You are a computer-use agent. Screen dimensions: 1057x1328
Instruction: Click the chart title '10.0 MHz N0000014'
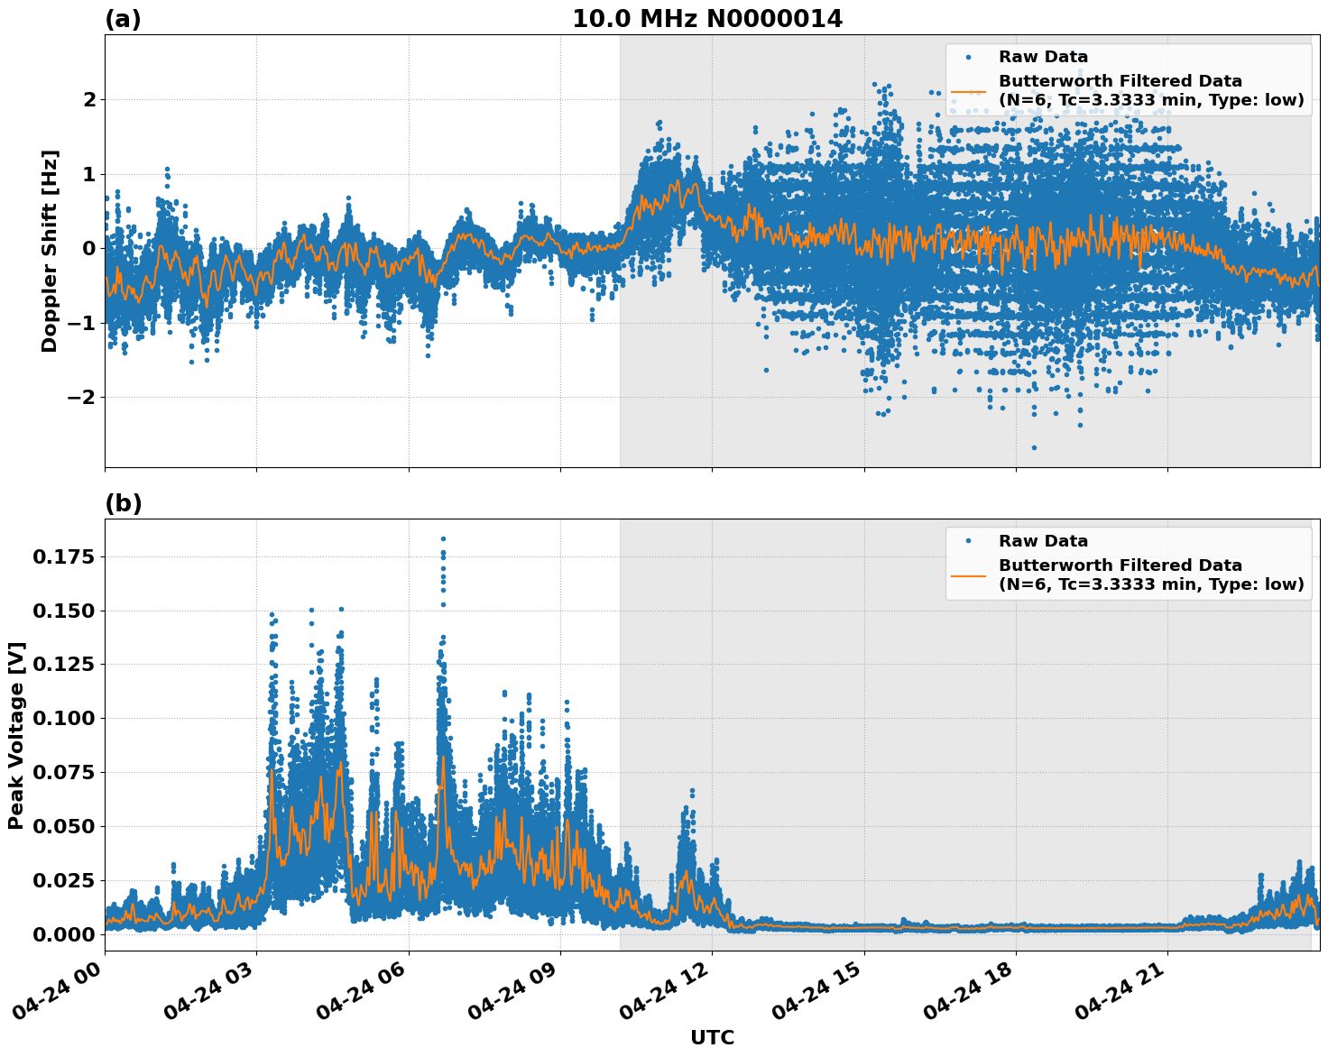[x=706, y=19]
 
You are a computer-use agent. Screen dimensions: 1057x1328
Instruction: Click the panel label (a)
[x=123, y=19]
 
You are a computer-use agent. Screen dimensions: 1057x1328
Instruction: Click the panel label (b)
[x=123, y=503]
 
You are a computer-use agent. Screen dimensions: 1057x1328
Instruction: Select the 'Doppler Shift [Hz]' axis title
[x=50, y=251]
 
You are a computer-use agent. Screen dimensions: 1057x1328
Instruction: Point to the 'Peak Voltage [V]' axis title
[x=16, y=735]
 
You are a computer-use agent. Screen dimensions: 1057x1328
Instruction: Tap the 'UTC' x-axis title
[x=712, y=1037]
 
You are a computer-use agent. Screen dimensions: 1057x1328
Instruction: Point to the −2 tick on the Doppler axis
[x=79, y=397]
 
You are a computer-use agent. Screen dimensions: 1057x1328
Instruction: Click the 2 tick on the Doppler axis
[x=88, y=99]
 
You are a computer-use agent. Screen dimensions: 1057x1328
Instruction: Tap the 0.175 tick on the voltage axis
[x=63, y=556]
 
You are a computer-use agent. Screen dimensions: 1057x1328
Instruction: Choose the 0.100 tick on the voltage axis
[x=63, y=718]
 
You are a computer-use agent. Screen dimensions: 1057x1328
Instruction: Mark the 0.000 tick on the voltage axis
[x=63, y=933]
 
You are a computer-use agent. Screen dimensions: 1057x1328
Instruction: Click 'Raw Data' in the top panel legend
[x=1043, y=57]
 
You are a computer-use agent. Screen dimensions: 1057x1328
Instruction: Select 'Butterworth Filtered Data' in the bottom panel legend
[x=1120, y=565]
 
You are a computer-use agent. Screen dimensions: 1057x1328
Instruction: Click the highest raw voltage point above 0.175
[x=443, y=538]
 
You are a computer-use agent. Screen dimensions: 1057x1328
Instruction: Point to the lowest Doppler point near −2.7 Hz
[x=1034, y=447]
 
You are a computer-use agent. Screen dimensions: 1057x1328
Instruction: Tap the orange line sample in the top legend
[x=968, y=91]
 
